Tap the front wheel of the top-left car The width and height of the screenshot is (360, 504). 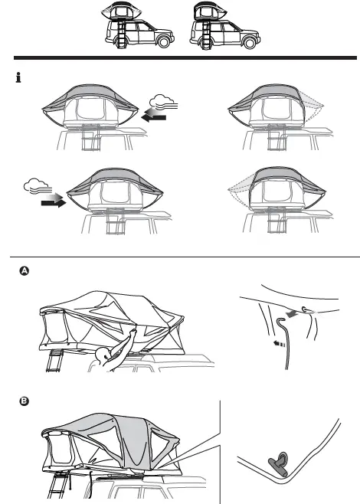tap(154, 44)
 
